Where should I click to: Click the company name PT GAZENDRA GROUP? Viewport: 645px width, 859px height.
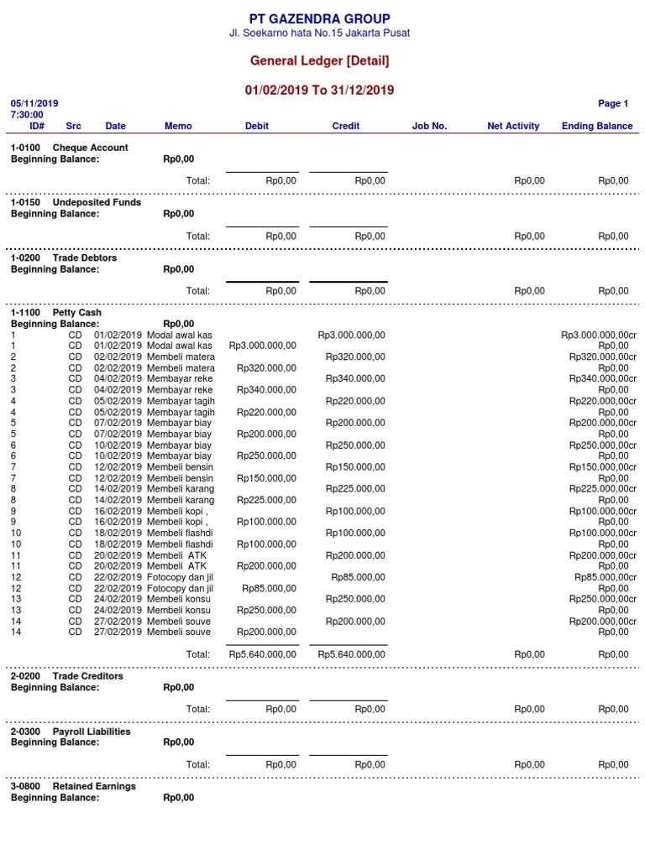(319, 18)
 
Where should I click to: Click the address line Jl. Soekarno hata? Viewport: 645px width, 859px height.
(319, 34)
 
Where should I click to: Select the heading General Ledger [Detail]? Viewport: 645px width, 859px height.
(319, 61)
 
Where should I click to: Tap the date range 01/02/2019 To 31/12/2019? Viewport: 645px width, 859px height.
(319, 90)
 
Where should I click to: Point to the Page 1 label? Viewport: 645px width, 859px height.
(612, 104)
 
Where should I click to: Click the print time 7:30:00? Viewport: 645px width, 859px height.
(27, 115)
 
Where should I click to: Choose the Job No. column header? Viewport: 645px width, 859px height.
(429, 126)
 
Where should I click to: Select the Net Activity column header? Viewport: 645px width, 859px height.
(513, 126)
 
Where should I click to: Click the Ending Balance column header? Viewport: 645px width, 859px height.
(597, 126)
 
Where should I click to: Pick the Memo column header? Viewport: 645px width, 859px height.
(178, 126)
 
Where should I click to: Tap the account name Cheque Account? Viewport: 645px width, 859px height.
(91, 148)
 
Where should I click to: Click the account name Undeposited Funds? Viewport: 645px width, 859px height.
(97, 203)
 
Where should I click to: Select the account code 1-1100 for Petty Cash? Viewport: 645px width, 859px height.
(25, 313)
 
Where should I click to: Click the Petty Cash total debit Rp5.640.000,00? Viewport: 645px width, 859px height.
(262, 654)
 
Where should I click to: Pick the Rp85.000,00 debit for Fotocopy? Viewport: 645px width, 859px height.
(269, 588)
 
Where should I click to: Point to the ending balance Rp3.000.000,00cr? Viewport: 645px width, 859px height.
(599, 335)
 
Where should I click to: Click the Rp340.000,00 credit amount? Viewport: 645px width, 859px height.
(355, 378)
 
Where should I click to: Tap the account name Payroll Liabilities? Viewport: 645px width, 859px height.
(92, 731)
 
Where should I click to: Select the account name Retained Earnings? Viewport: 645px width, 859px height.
(94, 787)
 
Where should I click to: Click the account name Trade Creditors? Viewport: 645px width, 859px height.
(87, 676)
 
